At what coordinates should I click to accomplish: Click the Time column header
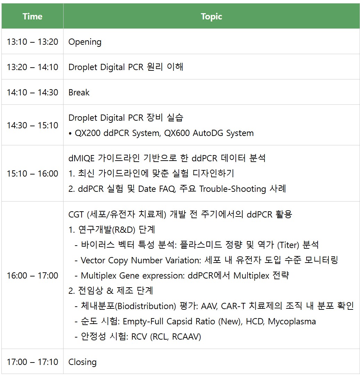(32, 17)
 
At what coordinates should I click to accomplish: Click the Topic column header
(211, 17)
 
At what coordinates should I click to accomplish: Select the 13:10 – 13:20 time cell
(32, 42)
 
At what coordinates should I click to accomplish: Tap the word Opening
(85, 42)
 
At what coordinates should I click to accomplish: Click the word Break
(79, 93)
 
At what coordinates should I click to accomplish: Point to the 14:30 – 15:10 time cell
(32, 125)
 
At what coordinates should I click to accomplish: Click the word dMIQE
(81, 158)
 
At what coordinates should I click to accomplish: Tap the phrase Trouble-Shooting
(232, 189)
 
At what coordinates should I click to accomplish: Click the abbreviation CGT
(76, 214)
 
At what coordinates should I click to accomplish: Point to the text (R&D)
(124, 230)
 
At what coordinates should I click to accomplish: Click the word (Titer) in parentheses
(288, 245)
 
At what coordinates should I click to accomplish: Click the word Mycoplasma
(292, 322)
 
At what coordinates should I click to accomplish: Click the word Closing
(82, 362)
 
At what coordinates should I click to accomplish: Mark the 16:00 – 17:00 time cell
(32, 276)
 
